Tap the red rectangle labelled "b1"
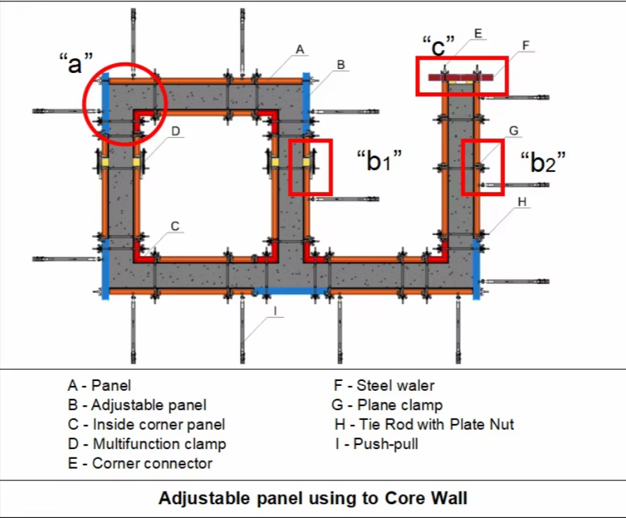310,167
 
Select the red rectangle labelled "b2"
481,168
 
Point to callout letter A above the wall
300,49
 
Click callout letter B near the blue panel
341,65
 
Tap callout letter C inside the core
175,226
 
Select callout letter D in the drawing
176,131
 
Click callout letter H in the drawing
522,202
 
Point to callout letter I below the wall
276,311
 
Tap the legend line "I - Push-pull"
376,444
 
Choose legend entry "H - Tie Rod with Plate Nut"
424,424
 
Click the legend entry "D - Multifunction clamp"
147,444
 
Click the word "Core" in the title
401,498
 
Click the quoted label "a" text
76,63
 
